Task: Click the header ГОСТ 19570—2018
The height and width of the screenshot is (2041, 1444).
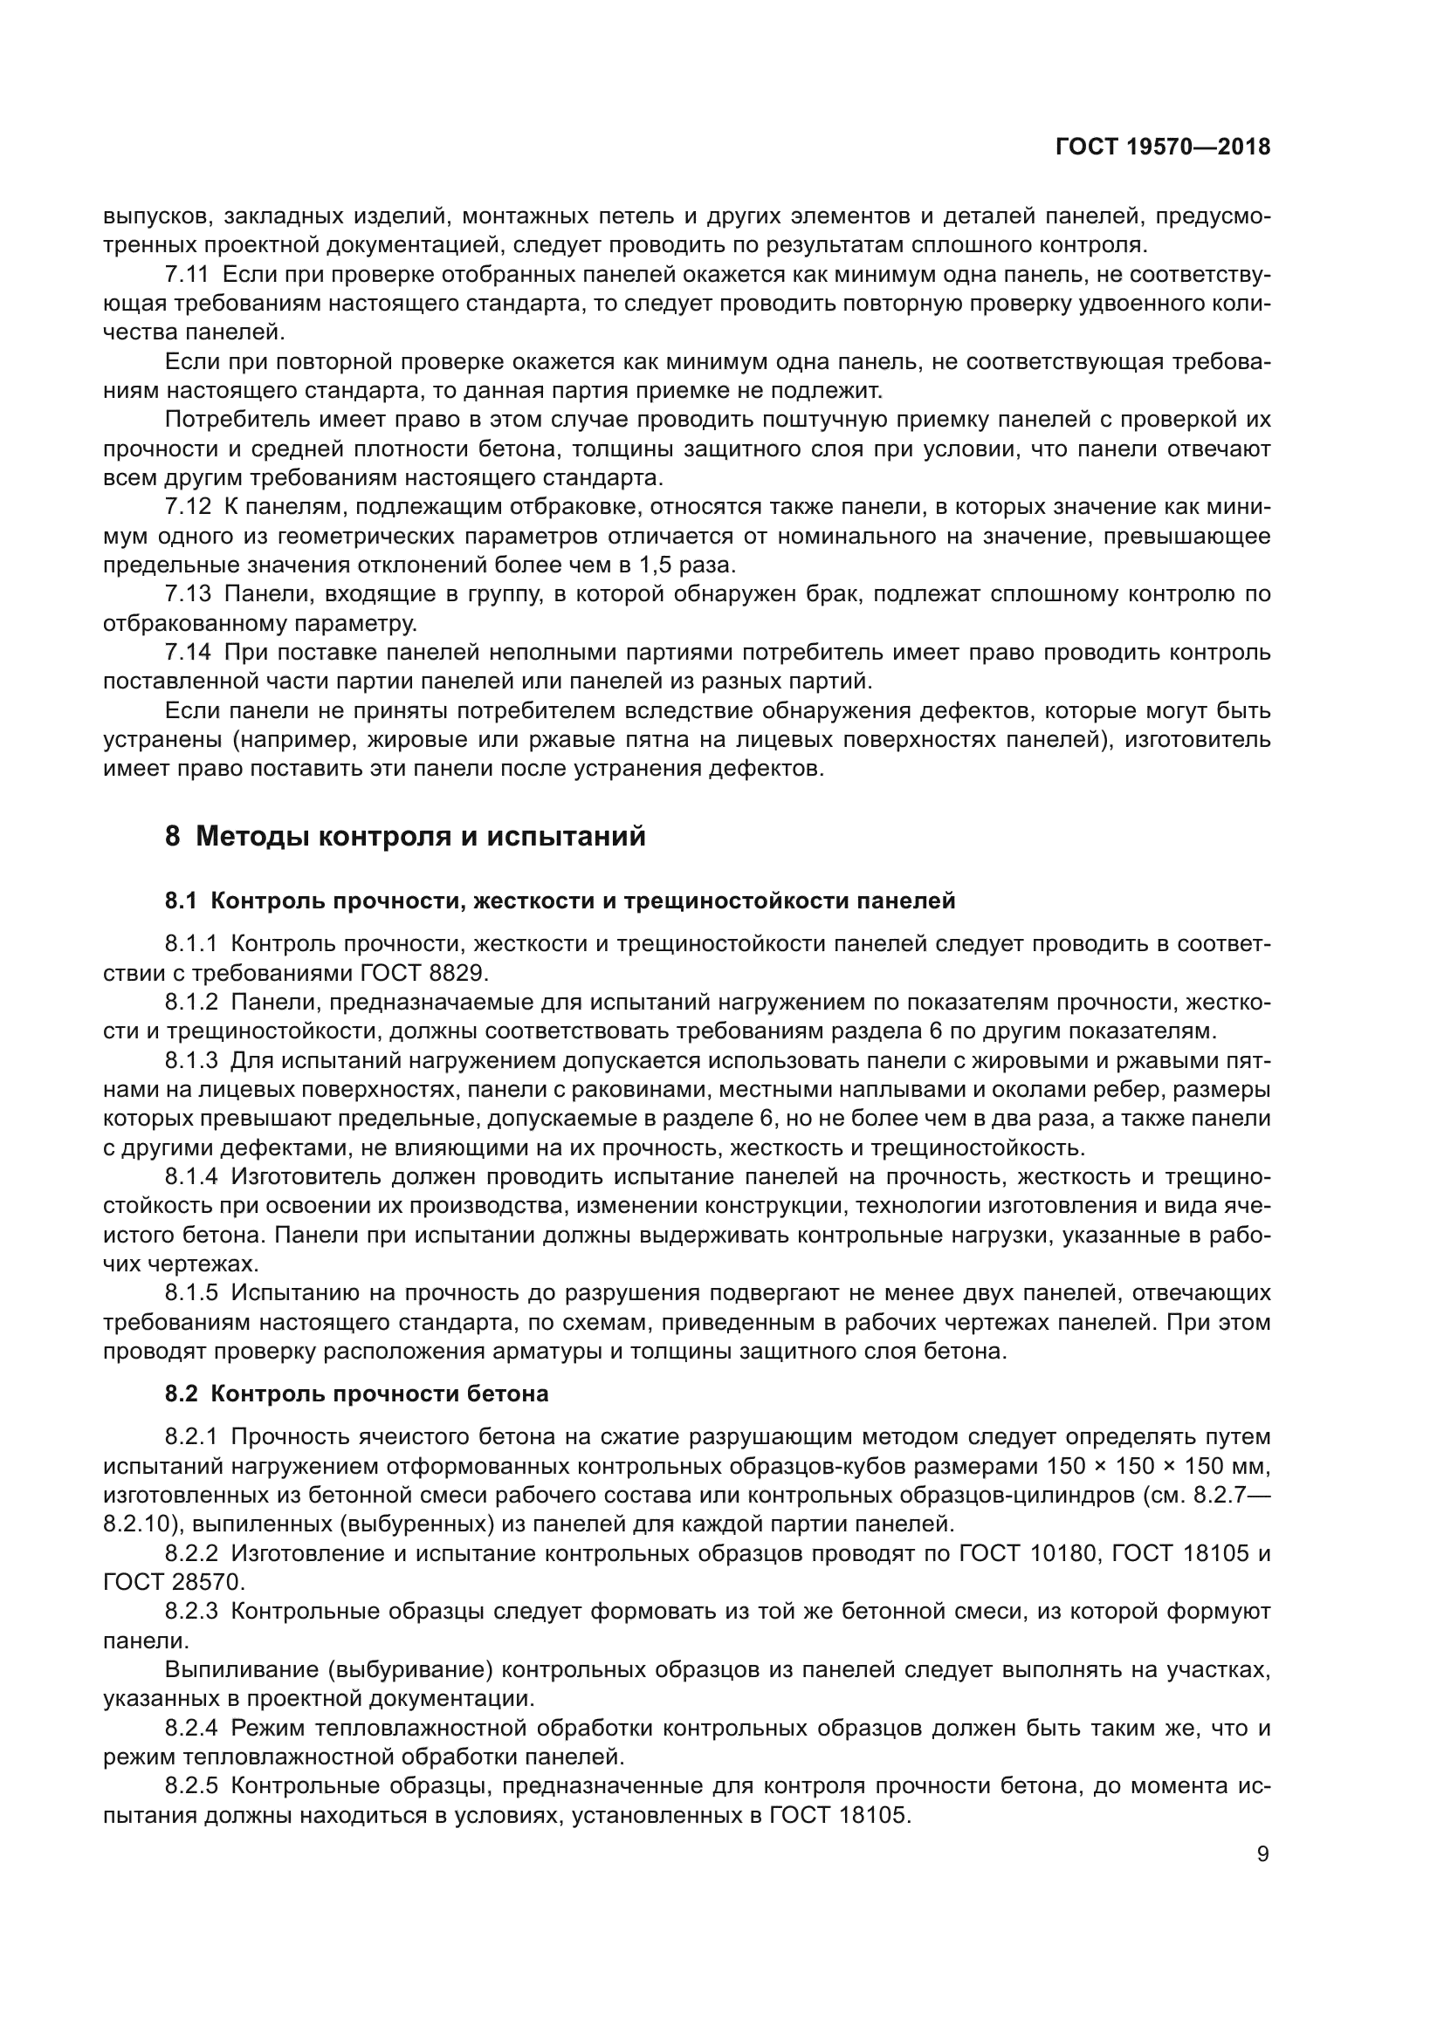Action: tap(1162, 147)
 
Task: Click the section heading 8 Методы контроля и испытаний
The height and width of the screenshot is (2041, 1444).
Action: tap(404, 837)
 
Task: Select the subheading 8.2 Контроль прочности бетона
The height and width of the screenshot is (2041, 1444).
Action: tap(356, 1394)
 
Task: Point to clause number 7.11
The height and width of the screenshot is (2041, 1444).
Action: tap(188, 275)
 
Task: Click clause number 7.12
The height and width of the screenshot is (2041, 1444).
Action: tap(188, 507)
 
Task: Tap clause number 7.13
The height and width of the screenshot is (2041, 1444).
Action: tap(188, 594)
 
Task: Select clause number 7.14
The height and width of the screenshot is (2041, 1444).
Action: tap(188, 653)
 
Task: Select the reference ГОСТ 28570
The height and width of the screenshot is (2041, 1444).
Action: tap(173, 1582)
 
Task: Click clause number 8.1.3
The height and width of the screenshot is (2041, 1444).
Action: tap(191, 1060)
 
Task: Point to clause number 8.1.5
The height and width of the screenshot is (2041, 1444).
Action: tap(191, 1292)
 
